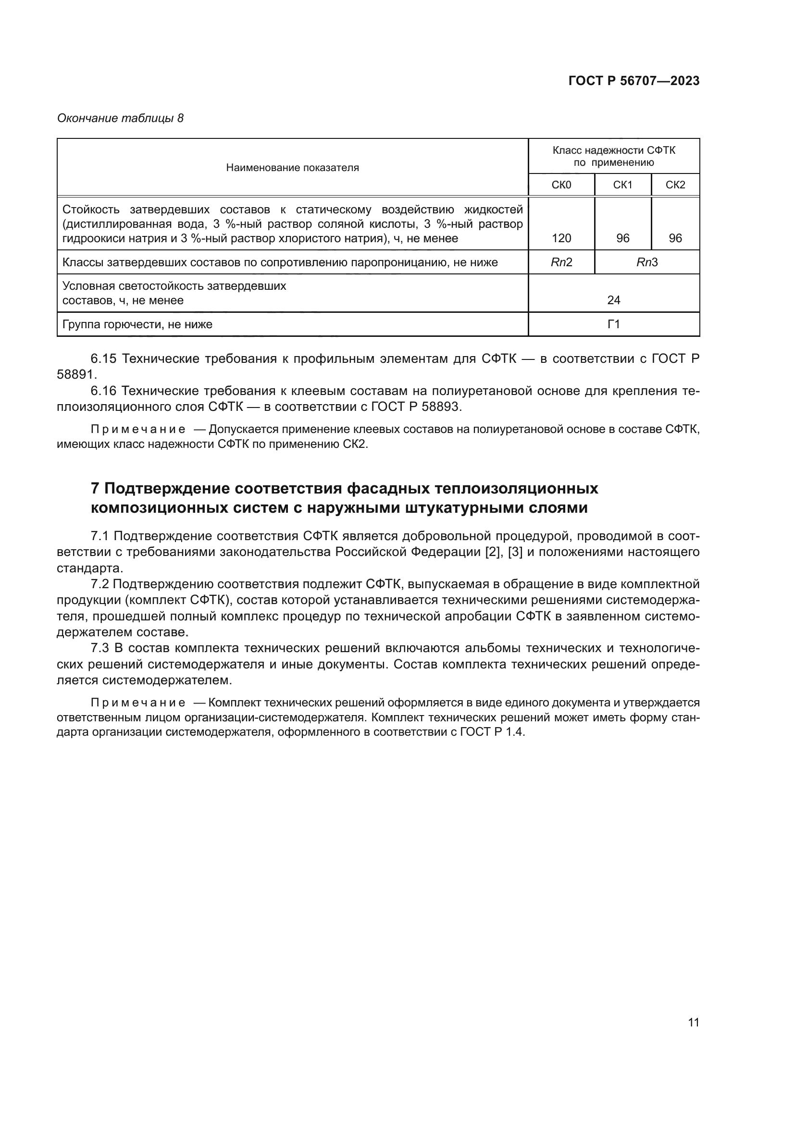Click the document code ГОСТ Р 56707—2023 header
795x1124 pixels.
point(634,81)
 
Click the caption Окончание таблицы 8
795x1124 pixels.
point(120,118)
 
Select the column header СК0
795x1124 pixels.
point(561,185)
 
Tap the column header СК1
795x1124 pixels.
point(622,185)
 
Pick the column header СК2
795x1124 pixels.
point(675,185)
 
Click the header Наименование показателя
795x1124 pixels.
point(292,168)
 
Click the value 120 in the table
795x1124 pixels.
point(561,238)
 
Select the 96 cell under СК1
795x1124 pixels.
point(622,238)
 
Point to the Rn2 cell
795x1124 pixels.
point(561,262)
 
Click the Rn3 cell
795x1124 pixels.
point(646,262)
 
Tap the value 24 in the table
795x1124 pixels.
point(613,300)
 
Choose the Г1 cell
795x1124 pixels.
point(613,324)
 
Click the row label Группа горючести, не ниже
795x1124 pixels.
point(137,324)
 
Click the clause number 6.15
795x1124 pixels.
point(103,359)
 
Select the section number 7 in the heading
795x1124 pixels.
point(96,489)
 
